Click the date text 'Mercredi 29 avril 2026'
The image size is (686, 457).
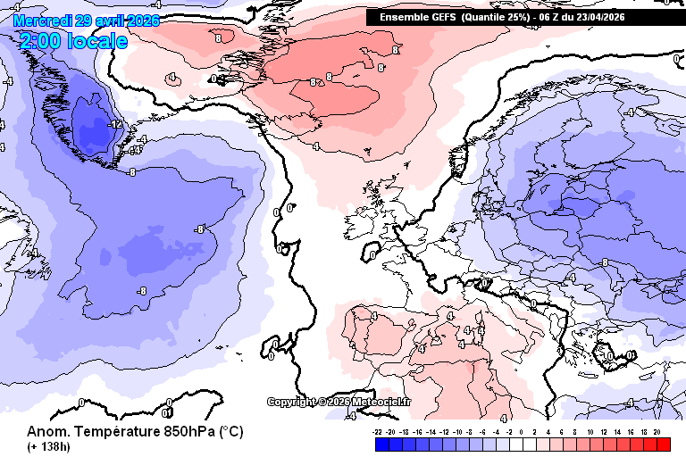point(86,20)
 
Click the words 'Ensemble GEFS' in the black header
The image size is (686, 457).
point(418,17)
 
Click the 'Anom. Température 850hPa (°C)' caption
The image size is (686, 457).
point(135,431)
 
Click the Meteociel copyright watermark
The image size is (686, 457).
point(339,402)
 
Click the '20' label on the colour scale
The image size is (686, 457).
point(657,431)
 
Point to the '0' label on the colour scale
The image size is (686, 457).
point(522,431)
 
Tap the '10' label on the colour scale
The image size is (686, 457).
point(590,431)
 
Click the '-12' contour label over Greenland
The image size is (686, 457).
point(114,124)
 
